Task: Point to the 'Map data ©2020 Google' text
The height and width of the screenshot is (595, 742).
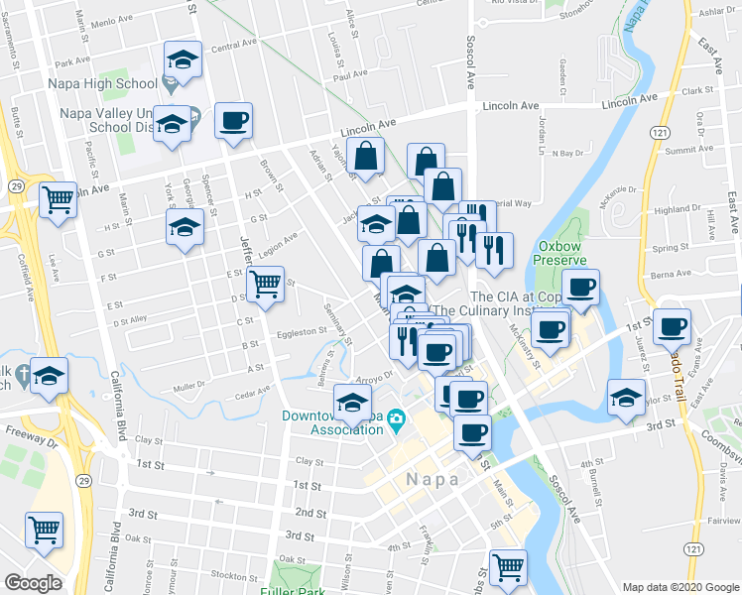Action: pos(680,587)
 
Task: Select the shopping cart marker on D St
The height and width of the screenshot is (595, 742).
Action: pos(265,285)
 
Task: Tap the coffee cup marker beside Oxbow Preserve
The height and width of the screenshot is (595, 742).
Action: pos(582,288)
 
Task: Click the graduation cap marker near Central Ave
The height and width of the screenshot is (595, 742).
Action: pos(183,60)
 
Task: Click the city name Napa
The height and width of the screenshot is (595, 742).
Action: pos(433,479)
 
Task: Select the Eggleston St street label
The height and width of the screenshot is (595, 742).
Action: pos(302,332)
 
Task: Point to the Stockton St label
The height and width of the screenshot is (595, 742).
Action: pos(234,575)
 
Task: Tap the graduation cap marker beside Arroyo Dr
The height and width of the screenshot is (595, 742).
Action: pos(351,402)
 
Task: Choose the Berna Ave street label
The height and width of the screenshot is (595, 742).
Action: pos(671,273)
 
